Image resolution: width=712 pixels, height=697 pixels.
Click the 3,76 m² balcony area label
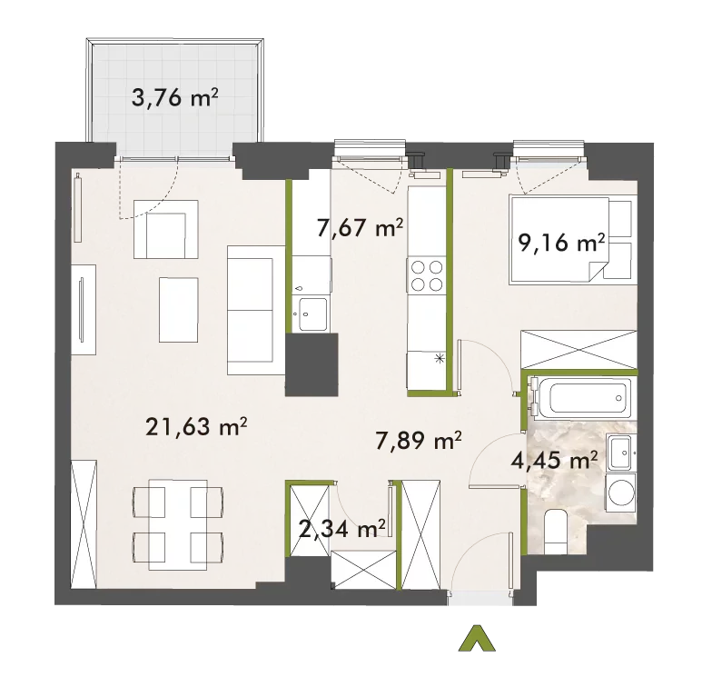pos(174,98)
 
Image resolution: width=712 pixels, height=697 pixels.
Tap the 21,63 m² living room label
pos(196,426)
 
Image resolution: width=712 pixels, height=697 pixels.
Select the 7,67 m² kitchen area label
pos(360,227)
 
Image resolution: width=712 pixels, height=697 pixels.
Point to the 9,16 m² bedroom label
pos(561,244)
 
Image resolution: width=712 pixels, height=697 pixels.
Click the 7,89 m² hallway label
pos(419,440)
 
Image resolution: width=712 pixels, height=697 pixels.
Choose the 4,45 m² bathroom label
pos(554,461)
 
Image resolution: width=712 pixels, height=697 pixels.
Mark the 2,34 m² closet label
pos(343,529)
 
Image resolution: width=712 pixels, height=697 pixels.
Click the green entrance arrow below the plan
pos(476,638)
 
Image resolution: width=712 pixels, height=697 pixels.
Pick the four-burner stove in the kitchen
pos(427,274)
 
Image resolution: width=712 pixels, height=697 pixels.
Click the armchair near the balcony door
pos(165,229)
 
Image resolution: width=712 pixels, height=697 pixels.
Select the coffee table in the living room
pos(178,310)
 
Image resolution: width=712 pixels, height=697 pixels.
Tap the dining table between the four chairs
pos(178,525)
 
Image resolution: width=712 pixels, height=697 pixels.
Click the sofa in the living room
pos(256,311)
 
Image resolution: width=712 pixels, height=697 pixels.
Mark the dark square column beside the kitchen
pos(311,364)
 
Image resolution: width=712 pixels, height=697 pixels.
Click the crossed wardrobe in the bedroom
pos(579,349)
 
